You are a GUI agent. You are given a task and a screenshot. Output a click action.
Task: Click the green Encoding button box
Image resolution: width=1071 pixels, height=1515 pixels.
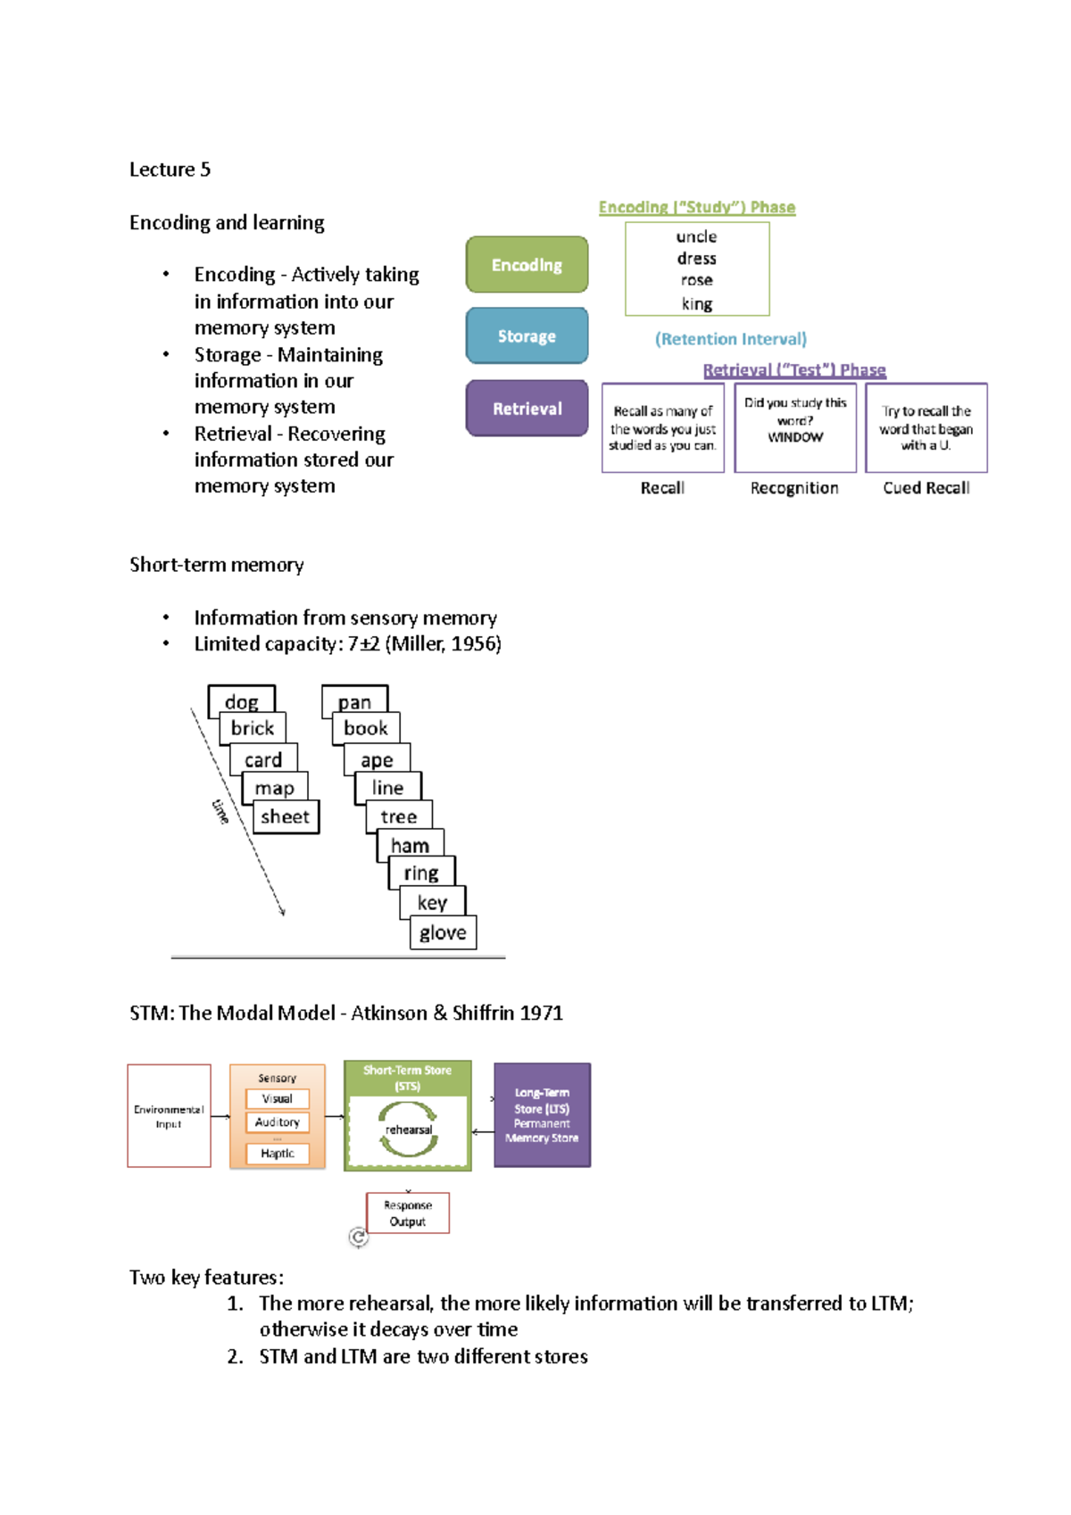[527, 265]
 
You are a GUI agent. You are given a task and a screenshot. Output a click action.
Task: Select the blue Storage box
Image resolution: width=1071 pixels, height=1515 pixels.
[527, 336]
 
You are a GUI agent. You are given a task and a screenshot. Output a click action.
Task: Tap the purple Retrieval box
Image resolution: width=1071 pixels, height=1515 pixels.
[527, 409]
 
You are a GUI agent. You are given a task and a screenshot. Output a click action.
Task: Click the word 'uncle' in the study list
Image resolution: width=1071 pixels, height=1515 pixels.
[696, 236]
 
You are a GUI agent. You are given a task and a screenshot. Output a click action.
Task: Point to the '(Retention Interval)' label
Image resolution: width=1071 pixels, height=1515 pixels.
[730, 339]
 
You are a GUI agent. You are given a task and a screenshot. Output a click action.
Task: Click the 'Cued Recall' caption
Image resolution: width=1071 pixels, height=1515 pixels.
[926, 488]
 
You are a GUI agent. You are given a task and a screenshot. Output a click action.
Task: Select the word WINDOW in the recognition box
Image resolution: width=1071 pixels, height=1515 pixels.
[795, 437]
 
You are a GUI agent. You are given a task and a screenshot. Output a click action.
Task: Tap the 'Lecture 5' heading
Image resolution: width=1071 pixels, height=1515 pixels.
[170, 170]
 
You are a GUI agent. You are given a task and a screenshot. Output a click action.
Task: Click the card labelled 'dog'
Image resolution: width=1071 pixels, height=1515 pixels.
[241, 701]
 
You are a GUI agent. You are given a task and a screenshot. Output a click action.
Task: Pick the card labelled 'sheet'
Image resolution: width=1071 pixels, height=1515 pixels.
[286, 816]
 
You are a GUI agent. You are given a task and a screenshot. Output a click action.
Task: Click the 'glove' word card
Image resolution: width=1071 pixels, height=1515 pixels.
[443, 932]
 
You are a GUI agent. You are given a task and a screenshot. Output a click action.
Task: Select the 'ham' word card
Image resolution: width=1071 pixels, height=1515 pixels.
[410, 845]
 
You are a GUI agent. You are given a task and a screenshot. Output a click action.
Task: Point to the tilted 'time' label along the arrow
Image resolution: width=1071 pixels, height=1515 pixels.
[220, 810]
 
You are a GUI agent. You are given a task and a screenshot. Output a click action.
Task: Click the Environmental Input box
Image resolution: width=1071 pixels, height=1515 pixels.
[169, 1115]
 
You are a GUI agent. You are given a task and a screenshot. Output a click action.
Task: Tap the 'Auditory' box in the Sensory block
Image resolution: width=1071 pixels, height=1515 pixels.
[278, 1122]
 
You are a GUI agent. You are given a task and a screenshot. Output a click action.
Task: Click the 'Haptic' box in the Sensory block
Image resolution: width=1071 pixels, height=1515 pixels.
[278, 1154]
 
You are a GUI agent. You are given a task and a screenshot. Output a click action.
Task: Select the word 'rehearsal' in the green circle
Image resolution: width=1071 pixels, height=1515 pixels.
[408, 1130]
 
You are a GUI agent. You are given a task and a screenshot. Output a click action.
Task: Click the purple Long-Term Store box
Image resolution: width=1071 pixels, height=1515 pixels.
[542, 1115]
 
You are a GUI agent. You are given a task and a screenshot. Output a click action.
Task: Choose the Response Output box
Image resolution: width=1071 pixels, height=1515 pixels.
[408, 1213]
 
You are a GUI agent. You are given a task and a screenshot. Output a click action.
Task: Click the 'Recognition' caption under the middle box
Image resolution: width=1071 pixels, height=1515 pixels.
[794, 488]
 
